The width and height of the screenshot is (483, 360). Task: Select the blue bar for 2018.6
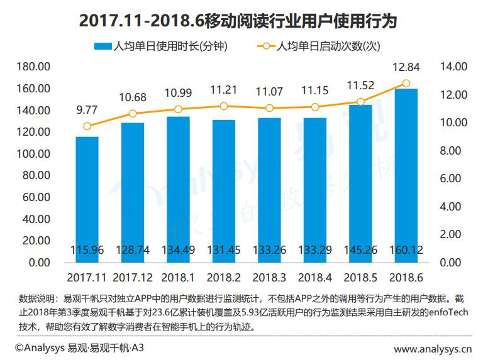click(406, 176)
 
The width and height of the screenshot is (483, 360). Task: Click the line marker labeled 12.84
click(406, 84)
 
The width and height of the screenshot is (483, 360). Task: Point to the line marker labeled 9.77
click(87, 126)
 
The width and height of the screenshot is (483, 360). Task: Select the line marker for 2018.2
click(224, 106)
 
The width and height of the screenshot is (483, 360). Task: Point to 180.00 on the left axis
click(33, 67)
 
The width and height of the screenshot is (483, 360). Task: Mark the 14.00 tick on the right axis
click(452, 67)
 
